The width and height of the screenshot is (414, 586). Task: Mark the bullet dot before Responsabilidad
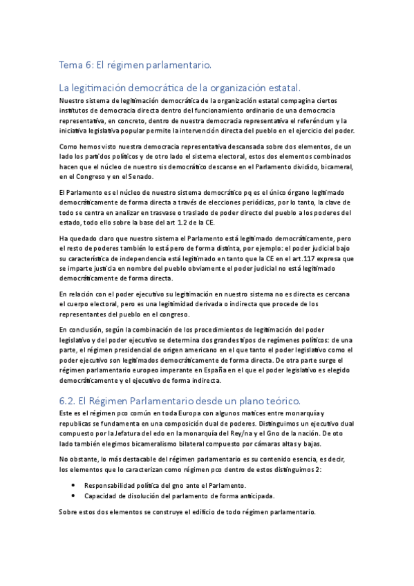click(73, 485)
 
